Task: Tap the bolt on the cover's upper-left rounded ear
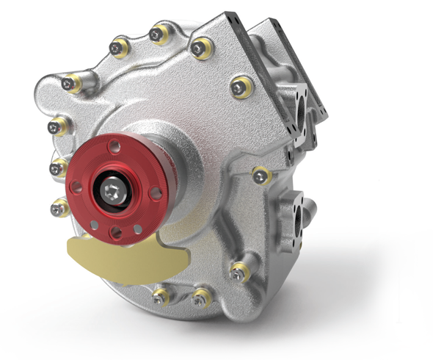coord(70,84)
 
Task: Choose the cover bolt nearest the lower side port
coord(260,175)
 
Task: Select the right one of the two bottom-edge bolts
coord(200,298)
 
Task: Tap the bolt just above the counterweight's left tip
coord(58,209)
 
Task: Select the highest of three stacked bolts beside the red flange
coord(56,126)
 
